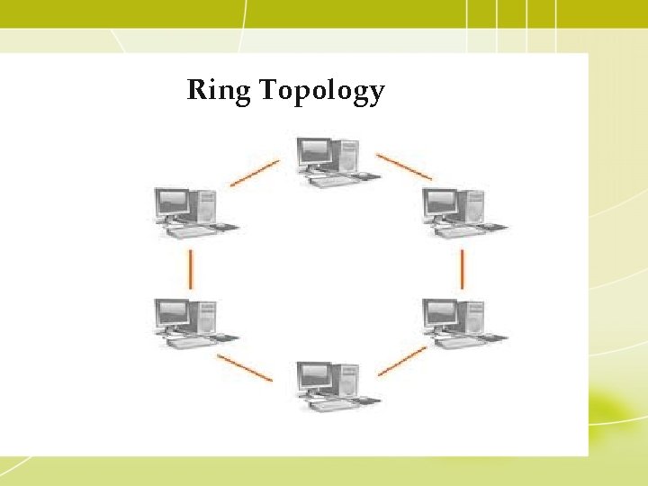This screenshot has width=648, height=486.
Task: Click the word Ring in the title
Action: click(x=219, y=91)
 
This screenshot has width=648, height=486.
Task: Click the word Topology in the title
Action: click(x=321, y=92)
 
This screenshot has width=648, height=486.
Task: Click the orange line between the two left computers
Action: click(x=191, y=267)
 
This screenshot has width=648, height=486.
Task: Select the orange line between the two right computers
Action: click(x=462, y=268)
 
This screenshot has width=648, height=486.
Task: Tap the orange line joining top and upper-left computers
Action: click(x=254, y=174)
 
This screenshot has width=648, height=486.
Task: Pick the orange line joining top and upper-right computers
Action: click(x=403, y=166)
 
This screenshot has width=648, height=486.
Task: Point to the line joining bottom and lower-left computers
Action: click(x=245, y=366)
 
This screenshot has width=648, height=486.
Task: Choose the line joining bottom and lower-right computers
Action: click(x=402, y=361)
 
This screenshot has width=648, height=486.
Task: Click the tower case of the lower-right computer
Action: click(x=473, y=318)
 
